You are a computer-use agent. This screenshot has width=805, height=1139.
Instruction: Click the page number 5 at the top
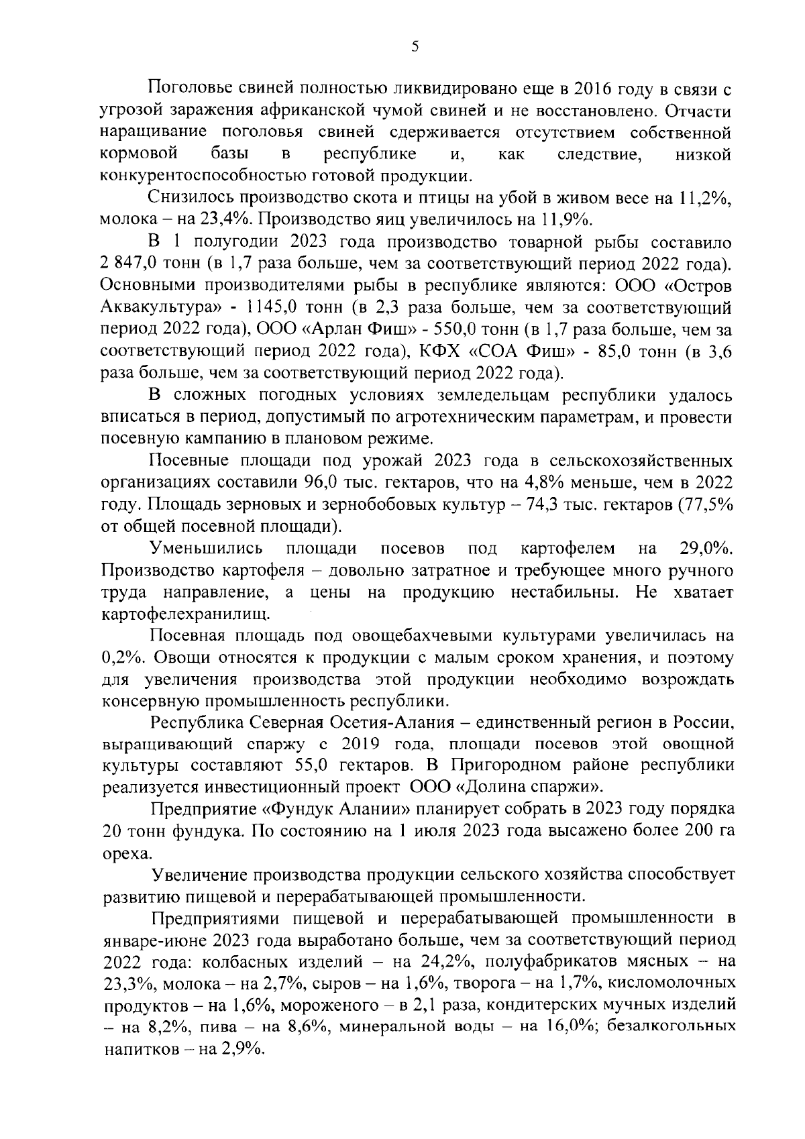point(415,46)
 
